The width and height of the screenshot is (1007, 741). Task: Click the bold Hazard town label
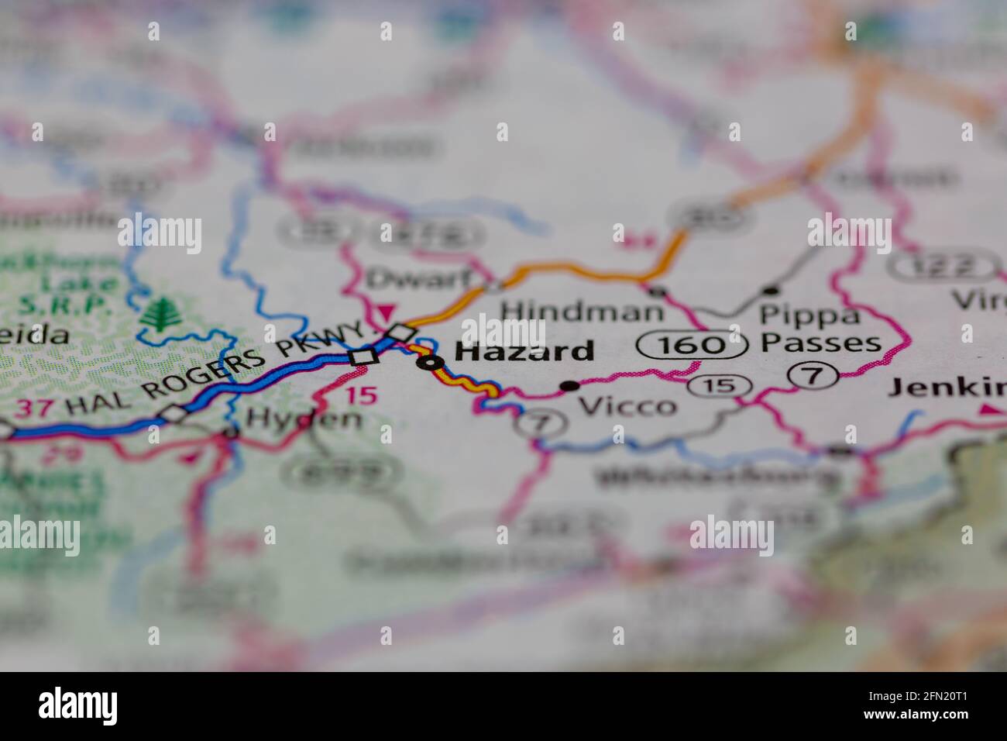tap(524, 351)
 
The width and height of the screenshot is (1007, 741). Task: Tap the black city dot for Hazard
tap(429, 361)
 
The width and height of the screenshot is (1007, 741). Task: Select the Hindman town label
tap(582, 311)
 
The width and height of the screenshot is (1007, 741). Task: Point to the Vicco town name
tap(627, 405)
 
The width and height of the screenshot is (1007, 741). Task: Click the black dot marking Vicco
tap(570, 385)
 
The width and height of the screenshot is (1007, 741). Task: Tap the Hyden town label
tap(303, 419)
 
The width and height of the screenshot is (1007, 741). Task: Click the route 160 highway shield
tap(692, 344)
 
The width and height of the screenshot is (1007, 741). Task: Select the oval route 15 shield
tap(720, 384)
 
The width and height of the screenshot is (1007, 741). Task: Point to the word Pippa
tap(799, 315)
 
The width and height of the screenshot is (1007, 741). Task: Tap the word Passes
tap(820, 342)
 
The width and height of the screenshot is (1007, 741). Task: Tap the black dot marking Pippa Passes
tap(770, 291)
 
